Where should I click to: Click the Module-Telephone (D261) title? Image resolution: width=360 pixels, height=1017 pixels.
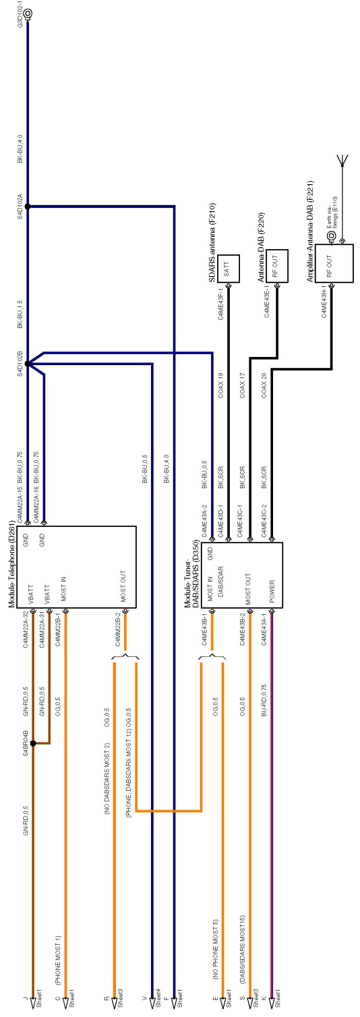pos(12,564)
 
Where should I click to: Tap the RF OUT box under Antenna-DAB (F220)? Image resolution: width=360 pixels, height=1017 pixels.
pos(277,265)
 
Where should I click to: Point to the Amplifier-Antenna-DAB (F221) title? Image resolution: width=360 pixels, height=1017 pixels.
pos(310,231)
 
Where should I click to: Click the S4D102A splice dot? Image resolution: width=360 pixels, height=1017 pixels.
pos(27,206)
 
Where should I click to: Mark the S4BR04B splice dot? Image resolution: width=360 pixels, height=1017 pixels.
pos(33,743)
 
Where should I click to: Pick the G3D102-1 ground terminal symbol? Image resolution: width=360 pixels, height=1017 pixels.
pos(27,14)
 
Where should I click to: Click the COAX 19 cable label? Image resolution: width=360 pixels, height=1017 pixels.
pos(221,385)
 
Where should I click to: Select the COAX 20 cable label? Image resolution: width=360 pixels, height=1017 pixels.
pos(264,385)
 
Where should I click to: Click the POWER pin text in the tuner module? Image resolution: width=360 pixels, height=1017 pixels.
pos(272,592)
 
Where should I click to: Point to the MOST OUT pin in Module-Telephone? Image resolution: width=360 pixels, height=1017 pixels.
pos(124,586)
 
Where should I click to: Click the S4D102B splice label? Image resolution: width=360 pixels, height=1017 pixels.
pos(20,363)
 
